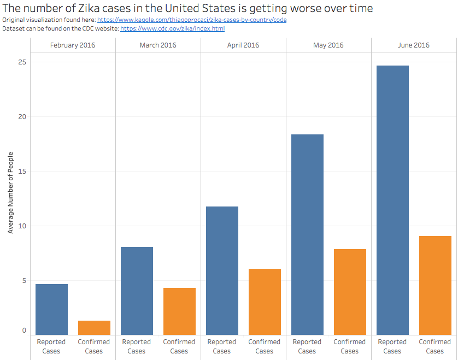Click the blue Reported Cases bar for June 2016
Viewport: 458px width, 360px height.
[x=392, y=200]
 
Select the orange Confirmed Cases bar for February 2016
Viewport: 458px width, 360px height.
[x=94, y=328]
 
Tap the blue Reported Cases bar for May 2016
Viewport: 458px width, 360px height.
[x=307, y=234]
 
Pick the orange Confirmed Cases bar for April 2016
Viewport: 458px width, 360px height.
[x=265, y=302]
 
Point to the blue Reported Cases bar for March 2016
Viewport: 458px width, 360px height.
[x=137, y=291]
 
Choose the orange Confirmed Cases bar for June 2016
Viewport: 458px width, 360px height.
[x=435, y=285]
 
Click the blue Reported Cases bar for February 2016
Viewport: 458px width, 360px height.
[x=51, y=309]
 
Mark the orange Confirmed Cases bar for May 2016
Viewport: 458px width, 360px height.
[x=350, y=292]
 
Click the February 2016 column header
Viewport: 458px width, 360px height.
[x=73, y=45]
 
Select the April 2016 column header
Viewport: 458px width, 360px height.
[x=243, y=45]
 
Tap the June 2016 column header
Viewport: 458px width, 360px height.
[x=414, y=45]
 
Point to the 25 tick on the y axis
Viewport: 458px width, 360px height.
[x=22, y=62]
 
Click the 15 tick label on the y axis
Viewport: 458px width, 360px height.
[x=22, y=172]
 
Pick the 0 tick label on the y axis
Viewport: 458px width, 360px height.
[x=24, y=331]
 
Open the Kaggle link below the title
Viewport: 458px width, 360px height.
[x=191, y=20]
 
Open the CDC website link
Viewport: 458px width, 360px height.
[x=172, y=28]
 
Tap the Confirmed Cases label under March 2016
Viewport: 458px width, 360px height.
[x=179, y=346]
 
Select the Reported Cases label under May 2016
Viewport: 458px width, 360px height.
[x=307, y=346]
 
